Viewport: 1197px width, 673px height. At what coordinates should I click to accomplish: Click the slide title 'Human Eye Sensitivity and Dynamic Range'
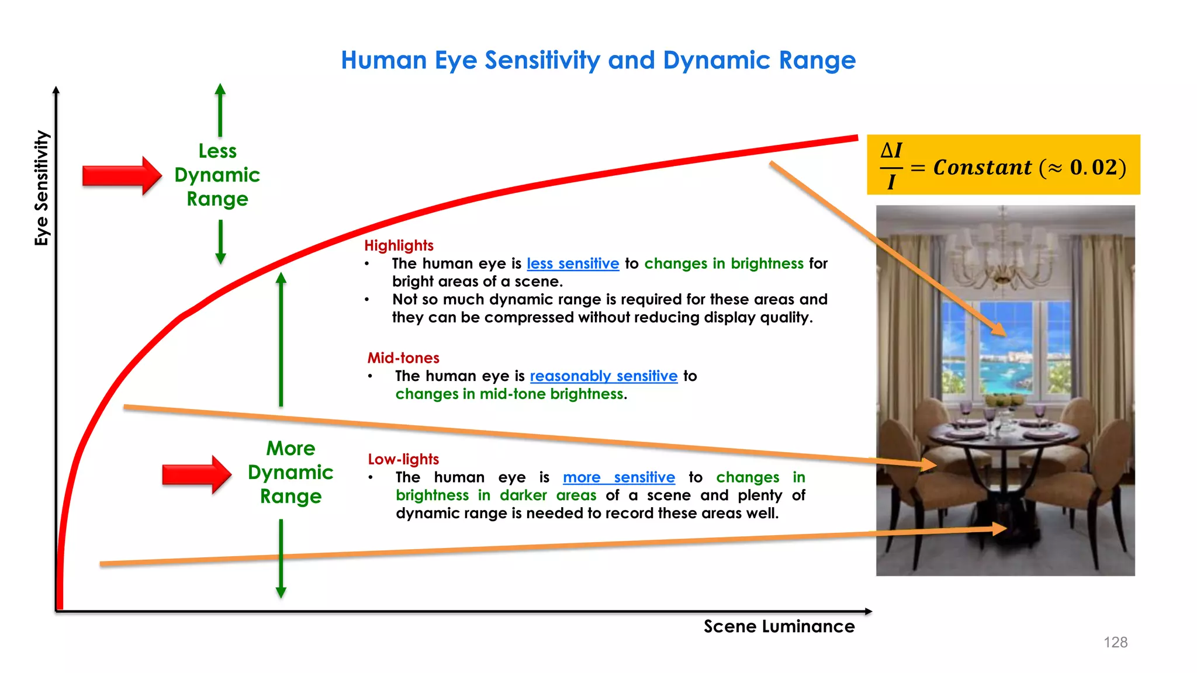tap(598, 60)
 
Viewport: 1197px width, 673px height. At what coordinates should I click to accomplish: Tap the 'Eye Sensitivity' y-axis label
tap(41, 188)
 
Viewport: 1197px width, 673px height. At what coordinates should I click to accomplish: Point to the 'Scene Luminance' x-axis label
tap(779, 626)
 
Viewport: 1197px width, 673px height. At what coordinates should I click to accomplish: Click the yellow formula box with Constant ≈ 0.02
tap(1003, 165)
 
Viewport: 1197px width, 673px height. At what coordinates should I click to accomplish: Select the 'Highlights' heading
tap(399, 245)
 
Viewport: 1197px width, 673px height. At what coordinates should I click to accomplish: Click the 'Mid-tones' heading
tap(403, 358)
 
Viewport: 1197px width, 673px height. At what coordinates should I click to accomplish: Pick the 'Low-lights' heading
tap(403, 459)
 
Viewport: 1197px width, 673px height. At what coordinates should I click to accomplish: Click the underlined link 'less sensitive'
tap(573, 263)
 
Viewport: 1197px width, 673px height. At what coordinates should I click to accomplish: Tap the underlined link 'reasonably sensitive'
tap(603, 376)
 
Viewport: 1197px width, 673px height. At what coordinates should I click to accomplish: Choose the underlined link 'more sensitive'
tap(618, 477)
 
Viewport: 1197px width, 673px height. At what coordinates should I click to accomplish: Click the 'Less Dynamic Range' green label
tap(217, 175)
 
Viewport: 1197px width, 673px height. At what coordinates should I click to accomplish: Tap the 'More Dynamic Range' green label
tap(290, 472)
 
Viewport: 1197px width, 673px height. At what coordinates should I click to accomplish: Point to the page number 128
tap(1115, 643)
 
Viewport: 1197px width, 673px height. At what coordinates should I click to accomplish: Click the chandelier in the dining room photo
tap(1003, 251)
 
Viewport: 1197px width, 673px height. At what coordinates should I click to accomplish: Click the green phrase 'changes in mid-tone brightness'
tap(509, 394)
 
